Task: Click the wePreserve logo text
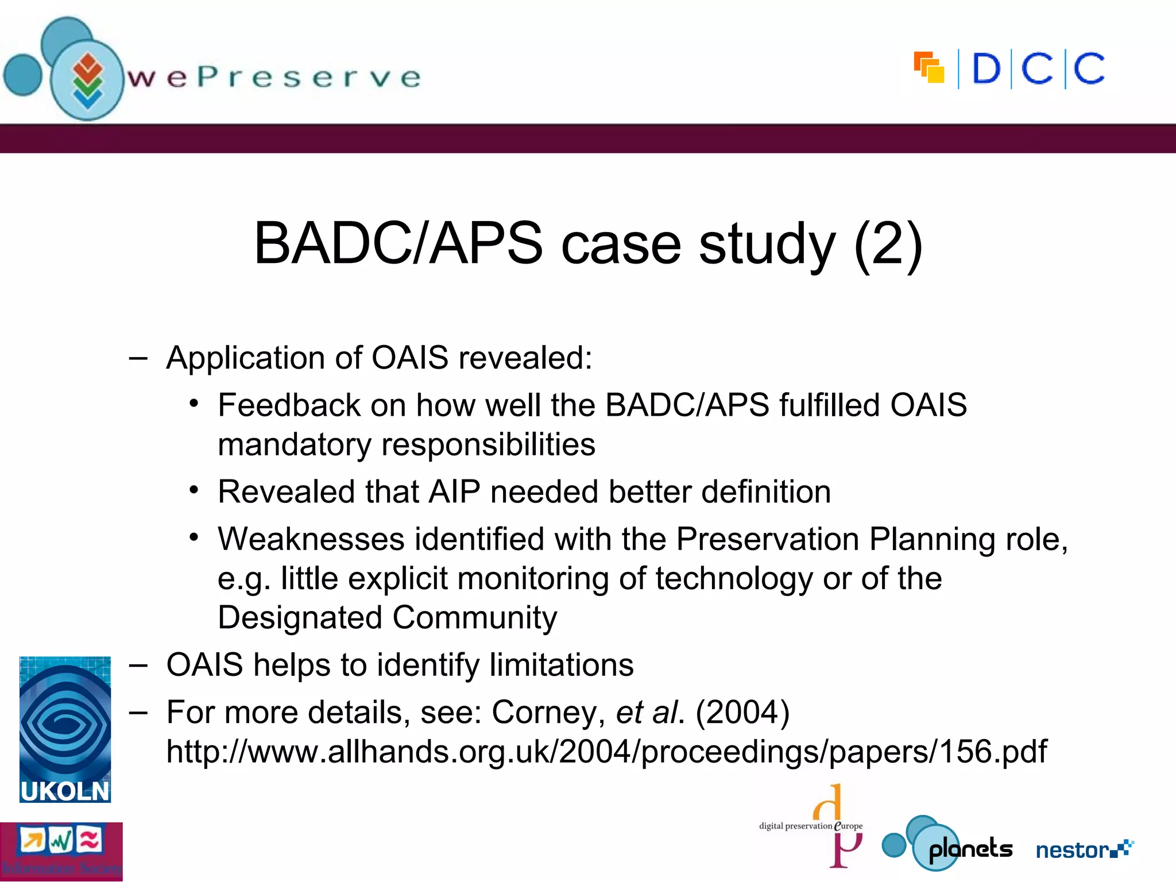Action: click(274, 78)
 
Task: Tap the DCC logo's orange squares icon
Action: click(929, 68)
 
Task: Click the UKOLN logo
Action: click(65, 729)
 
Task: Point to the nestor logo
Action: click(1084, 849)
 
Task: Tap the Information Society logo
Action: click(61, 852)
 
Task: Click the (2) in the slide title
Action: click(888, 244)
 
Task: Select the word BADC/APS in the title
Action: click(398, 244)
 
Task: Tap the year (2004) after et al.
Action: click(742, 713)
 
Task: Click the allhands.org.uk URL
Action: click(606, 752)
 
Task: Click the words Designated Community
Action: click(387, 618)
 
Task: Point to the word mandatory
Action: click(295, 445)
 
